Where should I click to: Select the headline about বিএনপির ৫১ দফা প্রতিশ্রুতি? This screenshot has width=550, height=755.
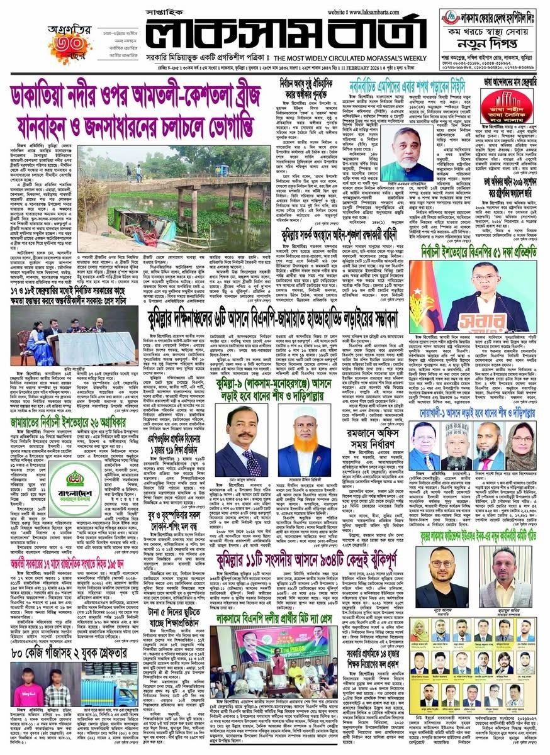tap(476, 250)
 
